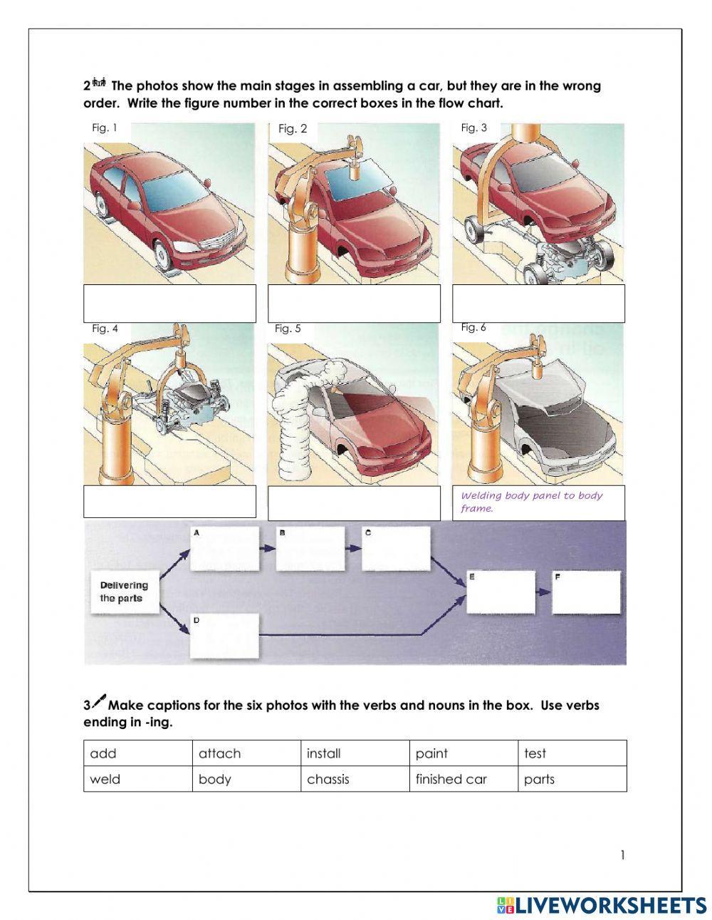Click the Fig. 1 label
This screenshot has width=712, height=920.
coord(104,128)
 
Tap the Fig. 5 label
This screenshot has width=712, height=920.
coord(288,329)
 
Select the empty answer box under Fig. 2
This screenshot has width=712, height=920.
coord(354,304)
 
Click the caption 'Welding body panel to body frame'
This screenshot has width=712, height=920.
coord(531,502)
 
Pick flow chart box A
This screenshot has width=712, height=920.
coord(224,549)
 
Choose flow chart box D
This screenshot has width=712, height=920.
coord(224,636)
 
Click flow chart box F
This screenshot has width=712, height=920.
coord(585,592)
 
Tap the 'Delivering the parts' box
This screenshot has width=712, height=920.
coord(124,592)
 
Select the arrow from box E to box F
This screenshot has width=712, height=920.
coord(543,592)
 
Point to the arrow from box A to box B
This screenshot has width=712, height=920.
coord(267,549)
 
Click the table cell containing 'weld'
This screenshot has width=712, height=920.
coord(137,779)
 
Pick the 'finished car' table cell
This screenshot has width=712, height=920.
coord(464,779)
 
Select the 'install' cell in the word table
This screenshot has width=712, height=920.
coord(355,753)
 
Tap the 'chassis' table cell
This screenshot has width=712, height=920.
coord(355,779)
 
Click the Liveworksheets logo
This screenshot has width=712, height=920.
coord(601,905)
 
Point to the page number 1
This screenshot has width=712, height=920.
coord(622,855)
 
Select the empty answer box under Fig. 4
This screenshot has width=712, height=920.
coord(169,502)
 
